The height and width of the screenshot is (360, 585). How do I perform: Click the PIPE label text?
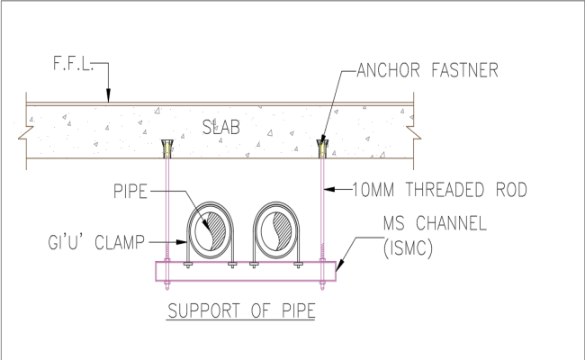tap(130, 191)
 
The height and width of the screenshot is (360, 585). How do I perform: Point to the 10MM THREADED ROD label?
tap(427, 190)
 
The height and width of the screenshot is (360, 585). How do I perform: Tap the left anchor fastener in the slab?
tap(166, 147)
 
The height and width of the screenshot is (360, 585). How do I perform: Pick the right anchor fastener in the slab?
tap(321, 147)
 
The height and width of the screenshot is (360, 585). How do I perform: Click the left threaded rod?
tap(166, 207)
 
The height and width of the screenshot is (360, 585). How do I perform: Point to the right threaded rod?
tap(321, 207)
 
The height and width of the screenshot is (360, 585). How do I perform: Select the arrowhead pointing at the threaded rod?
tap(327, 190)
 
